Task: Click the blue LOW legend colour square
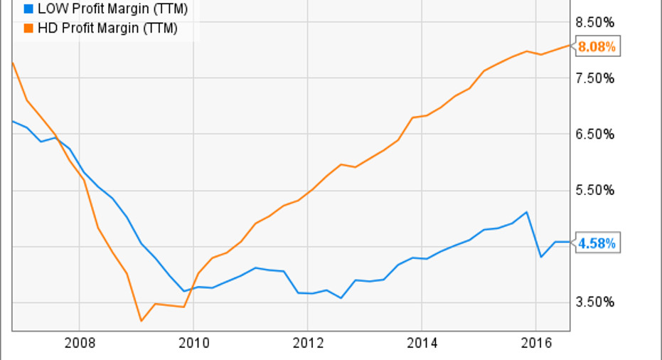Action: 28,10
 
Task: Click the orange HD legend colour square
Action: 28,28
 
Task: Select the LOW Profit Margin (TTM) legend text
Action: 107,10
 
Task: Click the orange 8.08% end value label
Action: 597,48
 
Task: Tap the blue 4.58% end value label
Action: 597,244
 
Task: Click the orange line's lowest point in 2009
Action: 141,321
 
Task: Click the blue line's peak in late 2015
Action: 526,212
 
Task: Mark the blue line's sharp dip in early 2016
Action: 541,257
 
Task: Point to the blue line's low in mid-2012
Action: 341,297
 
